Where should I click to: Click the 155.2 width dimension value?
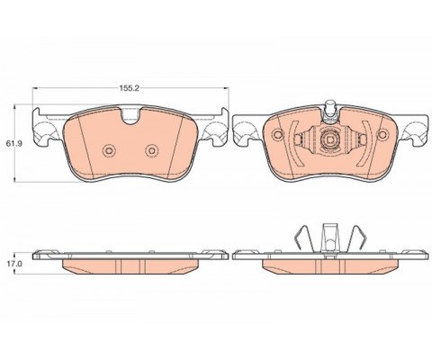coord(130,88)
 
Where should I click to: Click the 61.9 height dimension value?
coord(14,143)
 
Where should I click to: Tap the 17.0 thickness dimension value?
coord(14,264)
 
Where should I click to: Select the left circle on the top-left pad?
coord(109,150)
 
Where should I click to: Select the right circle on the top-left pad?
coord(152,150)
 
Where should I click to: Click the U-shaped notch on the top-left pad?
coord(130,116)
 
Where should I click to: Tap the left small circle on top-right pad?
coord(278,134)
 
